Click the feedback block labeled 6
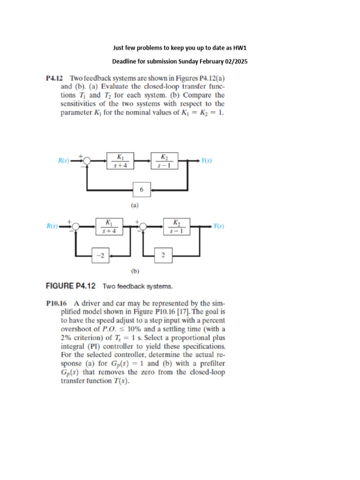coord(142,190)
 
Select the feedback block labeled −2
coord(100,255)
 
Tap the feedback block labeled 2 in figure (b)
coord(163,255)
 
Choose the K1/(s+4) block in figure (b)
coord(109,226)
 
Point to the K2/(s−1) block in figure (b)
coord(176,226)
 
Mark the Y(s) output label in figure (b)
coord(218,226)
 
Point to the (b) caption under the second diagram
coord(135,270)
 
